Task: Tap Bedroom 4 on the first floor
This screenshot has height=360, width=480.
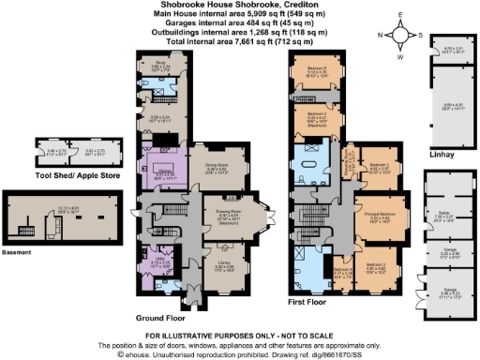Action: point(316,119)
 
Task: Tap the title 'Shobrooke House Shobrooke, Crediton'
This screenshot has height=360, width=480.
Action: point(239,6)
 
